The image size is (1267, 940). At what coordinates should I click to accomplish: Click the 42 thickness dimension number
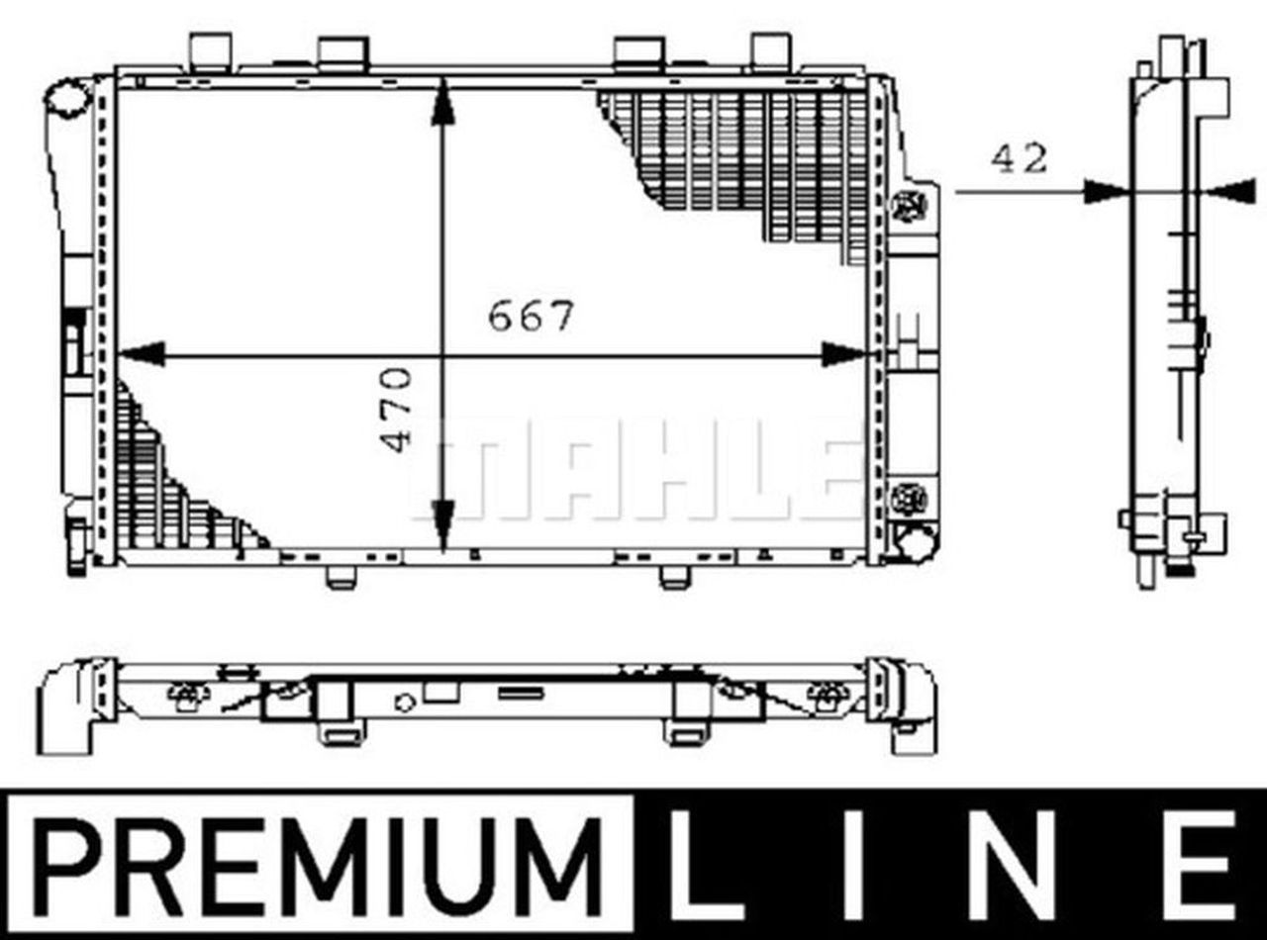1019,158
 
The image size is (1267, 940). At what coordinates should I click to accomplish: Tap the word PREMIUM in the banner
319,864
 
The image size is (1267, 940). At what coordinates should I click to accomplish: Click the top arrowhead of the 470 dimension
442,102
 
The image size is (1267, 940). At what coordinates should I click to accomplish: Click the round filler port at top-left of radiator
67,100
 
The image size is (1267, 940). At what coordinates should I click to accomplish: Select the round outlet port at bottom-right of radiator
914,542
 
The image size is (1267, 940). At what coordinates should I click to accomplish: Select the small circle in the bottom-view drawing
404,703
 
